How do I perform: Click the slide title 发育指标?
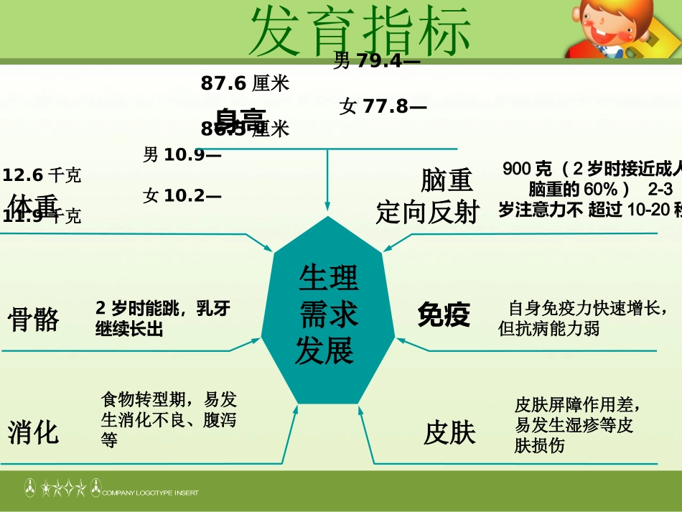coord(360,31)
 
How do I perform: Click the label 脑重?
coord(447,180)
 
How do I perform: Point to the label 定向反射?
coord(427,213)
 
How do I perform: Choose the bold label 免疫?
coord(444,315)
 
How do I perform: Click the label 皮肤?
coord(449,433)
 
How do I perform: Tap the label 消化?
coord(34,433)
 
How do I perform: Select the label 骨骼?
coord(34,319)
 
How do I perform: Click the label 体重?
coord(33,204)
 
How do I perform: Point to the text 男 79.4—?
coord(377,62)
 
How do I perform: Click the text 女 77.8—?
coord(383,107)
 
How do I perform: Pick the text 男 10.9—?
coord(182,154)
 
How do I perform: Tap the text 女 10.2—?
coord(182,195)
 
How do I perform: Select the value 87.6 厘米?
coord(245,84)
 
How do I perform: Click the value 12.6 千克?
coord(42,174)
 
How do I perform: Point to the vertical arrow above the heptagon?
coord(327,180)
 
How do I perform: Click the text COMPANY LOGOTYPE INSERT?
coord(150,493)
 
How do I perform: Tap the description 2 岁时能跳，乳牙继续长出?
coord(163,319)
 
